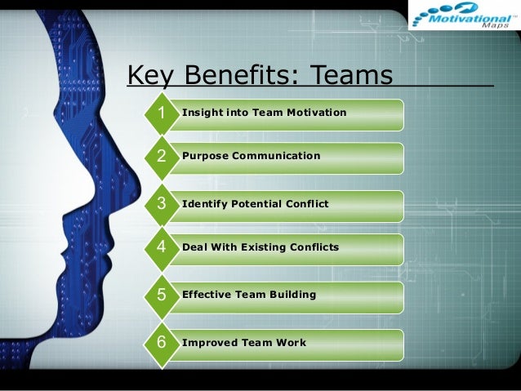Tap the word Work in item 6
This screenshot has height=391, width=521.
click(292, 342)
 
